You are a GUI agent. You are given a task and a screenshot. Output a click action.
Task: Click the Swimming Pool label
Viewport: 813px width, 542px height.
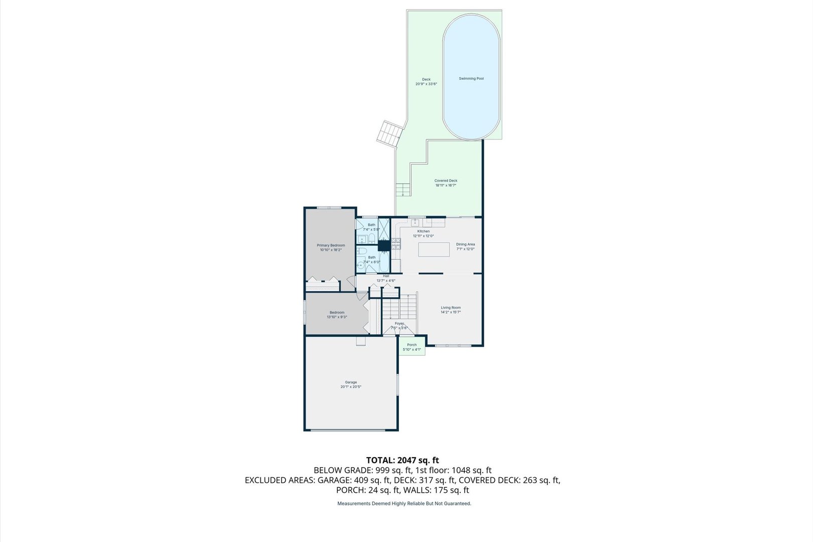pos(471,79)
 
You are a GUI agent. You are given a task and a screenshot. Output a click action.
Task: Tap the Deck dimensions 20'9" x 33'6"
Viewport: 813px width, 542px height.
pos(426,84)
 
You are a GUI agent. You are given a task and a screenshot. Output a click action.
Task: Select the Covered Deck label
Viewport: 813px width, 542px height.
pos(446,181)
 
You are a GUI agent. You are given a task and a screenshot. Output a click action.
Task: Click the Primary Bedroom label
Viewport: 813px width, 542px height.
pos(331,245)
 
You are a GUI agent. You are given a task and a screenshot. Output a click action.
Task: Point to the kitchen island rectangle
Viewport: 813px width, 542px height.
pos(434,249)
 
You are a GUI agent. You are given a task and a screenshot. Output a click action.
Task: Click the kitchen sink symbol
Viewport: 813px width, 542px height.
pos(416,222)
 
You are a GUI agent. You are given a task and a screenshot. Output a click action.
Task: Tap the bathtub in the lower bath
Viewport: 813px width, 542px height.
pos(384,258)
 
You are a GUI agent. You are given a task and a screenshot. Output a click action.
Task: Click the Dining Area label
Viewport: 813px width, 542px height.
pos(465,244)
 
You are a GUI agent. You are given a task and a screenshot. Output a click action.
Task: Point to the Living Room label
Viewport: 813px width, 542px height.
pos(451,308)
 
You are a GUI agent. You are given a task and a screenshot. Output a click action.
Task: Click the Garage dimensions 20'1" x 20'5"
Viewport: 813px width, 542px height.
pos(351,387)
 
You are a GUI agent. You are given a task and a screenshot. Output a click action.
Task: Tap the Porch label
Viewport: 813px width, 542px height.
pos(412,345)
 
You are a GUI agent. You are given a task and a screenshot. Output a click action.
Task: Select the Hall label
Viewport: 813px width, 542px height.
pos(386,276)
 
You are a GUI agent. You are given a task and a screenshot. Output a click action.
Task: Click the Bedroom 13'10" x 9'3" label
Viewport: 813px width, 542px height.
pos(337,313)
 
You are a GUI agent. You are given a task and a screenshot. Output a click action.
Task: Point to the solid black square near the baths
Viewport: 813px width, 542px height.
pos(384,245)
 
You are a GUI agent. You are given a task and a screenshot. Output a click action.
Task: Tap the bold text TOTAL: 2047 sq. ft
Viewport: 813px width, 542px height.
pos(402,460)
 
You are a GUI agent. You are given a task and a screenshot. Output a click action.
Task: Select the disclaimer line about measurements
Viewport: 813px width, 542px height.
pos(404,503)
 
